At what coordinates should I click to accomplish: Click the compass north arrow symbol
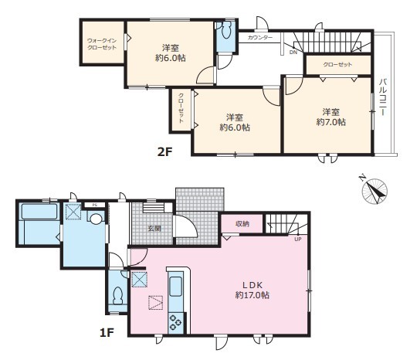(x=374, y=191)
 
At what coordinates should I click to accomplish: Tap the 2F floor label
(x=164, y=151)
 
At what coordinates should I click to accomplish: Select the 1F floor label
(x=107, y=332)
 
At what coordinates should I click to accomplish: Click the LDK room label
(x=252, y=285)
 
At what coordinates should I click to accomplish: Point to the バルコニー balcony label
(x=383, y=97)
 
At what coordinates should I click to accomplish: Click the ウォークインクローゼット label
(x=102, y=44)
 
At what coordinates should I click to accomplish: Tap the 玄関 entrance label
(x=154, y=229)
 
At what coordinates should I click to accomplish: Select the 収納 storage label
(x=242, y=224)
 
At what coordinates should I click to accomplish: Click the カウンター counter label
(x=260, y=38)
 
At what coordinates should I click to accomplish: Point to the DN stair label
(x=293, y=53)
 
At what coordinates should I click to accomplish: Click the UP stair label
(x=298, y=239)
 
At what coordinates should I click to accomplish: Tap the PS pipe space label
(x=95, y=205)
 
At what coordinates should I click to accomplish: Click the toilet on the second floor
(x=226, y=30)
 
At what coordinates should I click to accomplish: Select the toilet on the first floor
(x=118, y=296)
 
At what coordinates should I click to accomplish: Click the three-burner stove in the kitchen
(x=175, y=322)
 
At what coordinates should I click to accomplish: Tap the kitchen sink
(x=175, y=286)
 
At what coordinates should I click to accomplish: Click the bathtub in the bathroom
(x=39, y=212)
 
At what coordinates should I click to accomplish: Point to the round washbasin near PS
(x=96, y=219)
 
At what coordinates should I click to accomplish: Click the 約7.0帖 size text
(x=331, y=122)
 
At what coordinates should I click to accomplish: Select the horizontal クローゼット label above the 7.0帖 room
(x=338, y=64)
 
